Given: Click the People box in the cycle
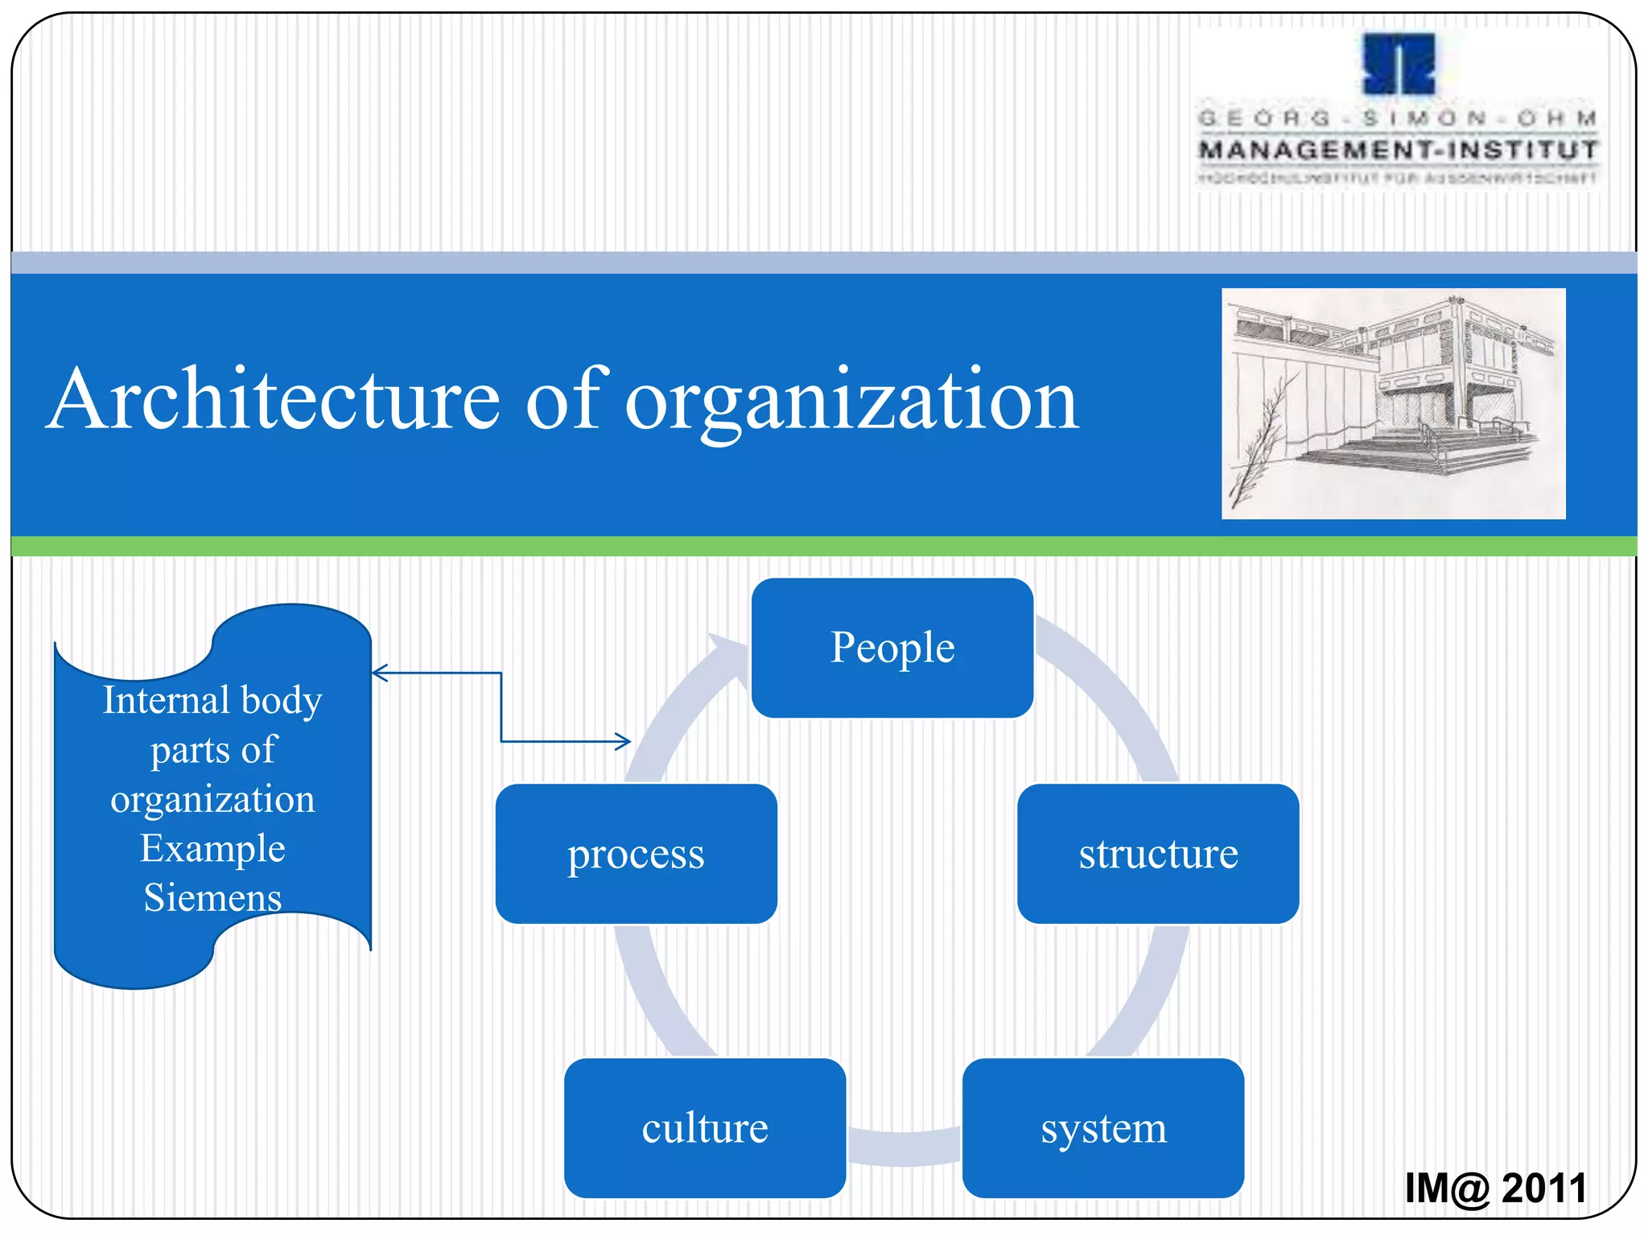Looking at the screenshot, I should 892,648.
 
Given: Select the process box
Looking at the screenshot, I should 636,854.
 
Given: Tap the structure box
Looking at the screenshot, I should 1157,854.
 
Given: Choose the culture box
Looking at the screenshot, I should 704,1127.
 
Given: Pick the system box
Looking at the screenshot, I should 1102,1127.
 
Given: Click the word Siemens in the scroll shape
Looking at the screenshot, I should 212,897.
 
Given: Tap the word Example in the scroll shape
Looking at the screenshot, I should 212,848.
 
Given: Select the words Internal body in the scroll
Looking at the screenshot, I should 212,700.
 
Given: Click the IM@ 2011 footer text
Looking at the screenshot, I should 1495,1188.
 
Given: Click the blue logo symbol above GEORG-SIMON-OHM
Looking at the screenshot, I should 1399,64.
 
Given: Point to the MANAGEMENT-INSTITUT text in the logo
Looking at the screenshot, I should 1398,150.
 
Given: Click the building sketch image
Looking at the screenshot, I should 1393,403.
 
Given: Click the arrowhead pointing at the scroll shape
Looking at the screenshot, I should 378,673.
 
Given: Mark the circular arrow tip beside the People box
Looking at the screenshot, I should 729,649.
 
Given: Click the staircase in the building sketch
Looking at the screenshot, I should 1416,455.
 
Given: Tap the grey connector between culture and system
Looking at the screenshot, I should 904,1147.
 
